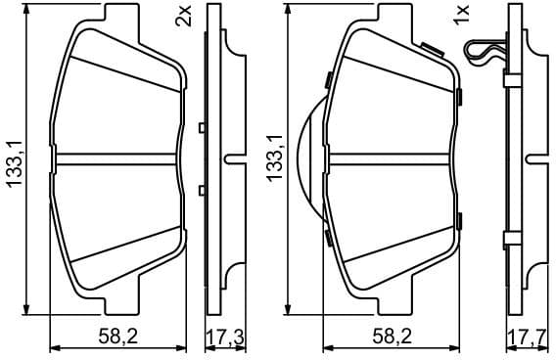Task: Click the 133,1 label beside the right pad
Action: pyautogui.click(x=275, y=160)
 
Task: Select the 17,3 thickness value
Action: pyautogui.click(x=224, y=338)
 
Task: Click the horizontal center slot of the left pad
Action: pyautogui.click(x=116, y=158)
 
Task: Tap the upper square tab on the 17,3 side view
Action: pyautogui.click(x=202, y=127)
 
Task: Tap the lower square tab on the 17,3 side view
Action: pyautogui.click(x=202, y=190)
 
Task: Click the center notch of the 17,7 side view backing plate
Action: pyautogui.click(x=533, y=158)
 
